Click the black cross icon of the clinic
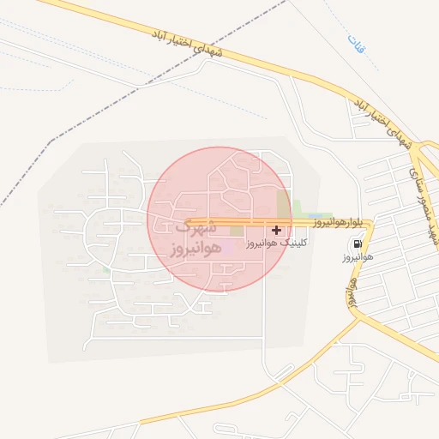click(276, 230)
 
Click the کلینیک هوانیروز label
click(276, 244)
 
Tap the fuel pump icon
click(356, 243)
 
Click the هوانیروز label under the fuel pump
click(356, 256)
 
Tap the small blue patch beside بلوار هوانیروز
click(315, 215)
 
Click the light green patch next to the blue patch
click(300, 208)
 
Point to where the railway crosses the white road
click(139, 86)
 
